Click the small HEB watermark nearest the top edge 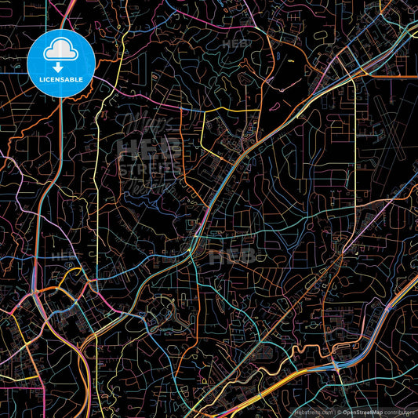[x=236, y=45]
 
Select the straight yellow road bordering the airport [x=355, y=141]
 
